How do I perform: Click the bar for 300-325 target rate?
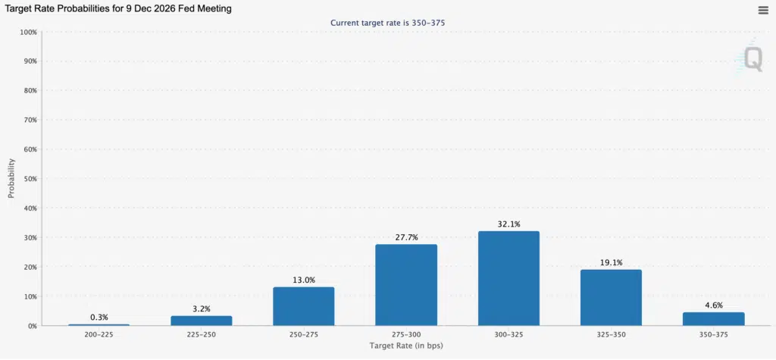click(x=508, y=278)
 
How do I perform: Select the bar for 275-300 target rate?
click(x=406, y=284)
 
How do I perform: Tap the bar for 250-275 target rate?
click(x=303, y=306)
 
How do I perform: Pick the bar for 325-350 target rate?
click(x=611, y=297)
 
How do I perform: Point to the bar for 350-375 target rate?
click(x=714, y=319)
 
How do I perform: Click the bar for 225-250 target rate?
click(x=201, y=321)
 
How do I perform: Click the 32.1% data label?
click(x=508, y=224)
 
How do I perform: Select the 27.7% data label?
click(x=406, y=237)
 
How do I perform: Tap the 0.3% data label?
click(x=99, y=318)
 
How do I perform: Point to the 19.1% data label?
click(x=611, y=263)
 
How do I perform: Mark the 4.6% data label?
click(x=714, y=305)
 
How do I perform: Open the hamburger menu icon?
click(x=763, y=10)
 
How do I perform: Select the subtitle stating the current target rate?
click(x=387, y=23)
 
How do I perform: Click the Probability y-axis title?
click(x=11, y=178)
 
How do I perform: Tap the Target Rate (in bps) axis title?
click(x=406, y=346)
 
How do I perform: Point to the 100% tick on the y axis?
click(x=27, y=32)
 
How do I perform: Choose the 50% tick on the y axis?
click(x=29, y=179)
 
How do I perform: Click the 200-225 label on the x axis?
click(x=99, y=333)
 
